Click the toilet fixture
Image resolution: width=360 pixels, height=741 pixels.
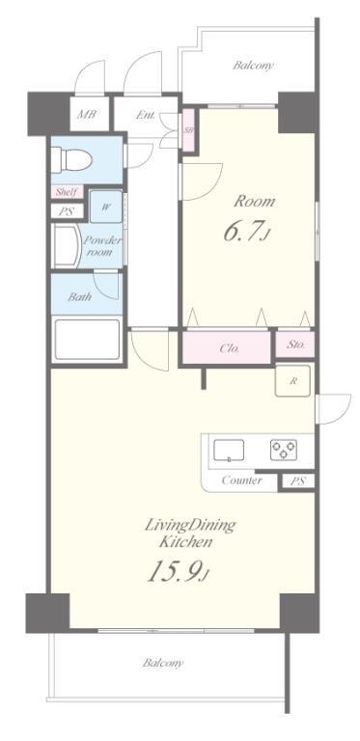[x=70, y=159]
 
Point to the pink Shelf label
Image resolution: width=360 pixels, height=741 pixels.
[x=67, y=192]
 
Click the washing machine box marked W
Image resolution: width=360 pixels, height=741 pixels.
[x=106, y=206]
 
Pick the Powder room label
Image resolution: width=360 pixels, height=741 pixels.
[x=101, y=246]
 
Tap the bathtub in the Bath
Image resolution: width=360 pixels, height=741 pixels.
[x=87, y=340]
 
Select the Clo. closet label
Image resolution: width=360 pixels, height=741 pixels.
[x=229, y=349]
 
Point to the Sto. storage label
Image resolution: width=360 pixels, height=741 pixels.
[x=294, y=344]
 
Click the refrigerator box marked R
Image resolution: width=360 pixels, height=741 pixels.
[x=292, y=381]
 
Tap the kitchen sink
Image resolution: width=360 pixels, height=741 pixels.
[x=229, y=450]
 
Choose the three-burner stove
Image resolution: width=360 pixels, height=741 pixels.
[x=284, y=450]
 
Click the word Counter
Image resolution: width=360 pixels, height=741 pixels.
[x=241, y=481]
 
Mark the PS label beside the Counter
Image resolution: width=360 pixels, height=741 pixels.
[x=296, y=481]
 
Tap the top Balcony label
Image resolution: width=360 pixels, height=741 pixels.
[x=253, y=66]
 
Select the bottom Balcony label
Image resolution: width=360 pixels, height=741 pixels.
[x=163, y=663]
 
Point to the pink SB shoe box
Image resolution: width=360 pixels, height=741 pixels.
[x=188, y=130]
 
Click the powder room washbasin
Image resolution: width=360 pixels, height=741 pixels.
[x=66, y=246]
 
